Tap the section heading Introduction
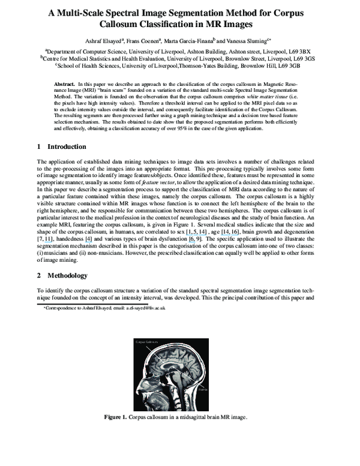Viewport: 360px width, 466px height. click(x=67, y=147)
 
